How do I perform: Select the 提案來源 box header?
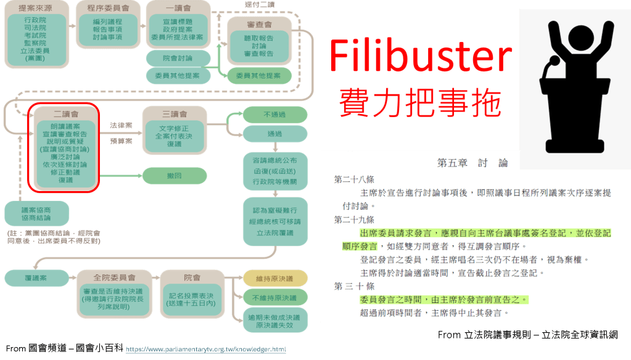[x=35, y=9]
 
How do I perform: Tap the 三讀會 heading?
[x=175, y=115]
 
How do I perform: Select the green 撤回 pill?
[x=173, y=176]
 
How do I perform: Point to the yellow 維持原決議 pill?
[x=274, y=278]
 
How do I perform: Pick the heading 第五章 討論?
[x=472, y=163]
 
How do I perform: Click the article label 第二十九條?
[x=353, y=219]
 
